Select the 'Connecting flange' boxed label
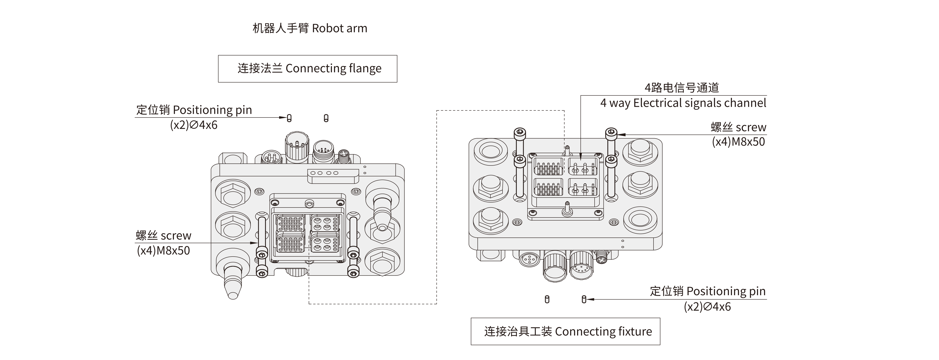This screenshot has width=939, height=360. tap(307, 68)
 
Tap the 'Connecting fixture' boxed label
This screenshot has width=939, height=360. tap(565, 331)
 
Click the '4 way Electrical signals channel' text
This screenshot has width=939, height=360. tap(683, 103)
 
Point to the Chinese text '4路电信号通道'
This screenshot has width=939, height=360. tap(682, 87)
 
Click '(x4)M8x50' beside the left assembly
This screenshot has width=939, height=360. tap(163, 251)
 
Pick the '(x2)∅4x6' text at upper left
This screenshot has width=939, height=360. tap(194, 125)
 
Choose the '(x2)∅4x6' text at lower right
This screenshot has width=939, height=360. tap(707, 307)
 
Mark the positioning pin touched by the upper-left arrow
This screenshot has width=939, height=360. tap(289, 118)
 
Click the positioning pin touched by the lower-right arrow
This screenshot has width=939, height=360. tap(584, 300)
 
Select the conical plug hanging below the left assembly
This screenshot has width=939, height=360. tap(232, 283)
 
